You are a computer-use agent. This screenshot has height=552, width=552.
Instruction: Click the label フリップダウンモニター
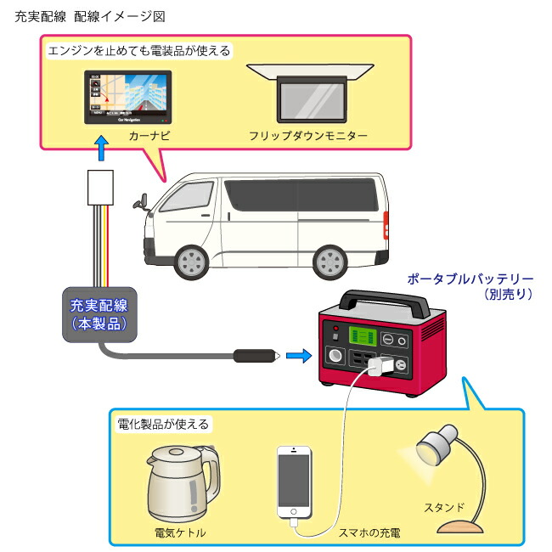pos(308,136)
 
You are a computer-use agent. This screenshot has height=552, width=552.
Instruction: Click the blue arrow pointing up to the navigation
pos(102,150)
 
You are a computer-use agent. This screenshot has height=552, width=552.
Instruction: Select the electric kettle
pos(180,482)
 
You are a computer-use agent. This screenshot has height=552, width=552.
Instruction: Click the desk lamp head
pos(435,444)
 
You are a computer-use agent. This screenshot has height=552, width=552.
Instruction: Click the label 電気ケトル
pos(180,532)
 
